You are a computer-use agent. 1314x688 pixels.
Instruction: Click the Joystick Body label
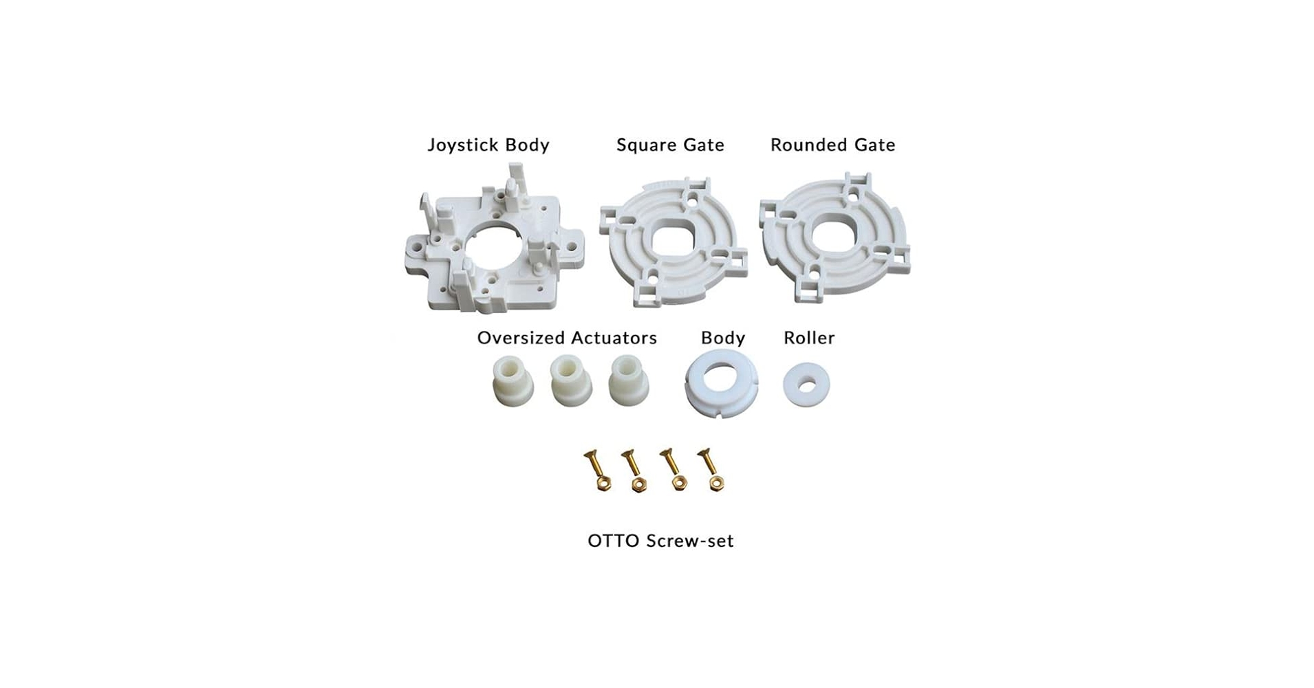pos(488,145)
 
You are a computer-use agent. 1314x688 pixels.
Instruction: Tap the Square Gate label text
pos(670,145)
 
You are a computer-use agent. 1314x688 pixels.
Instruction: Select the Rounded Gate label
pos(832,145)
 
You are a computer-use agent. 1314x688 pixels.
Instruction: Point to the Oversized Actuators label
pos(567,338)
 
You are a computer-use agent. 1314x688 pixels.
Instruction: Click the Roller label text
pos(809,338)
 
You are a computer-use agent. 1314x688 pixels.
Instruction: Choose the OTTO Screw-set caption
pos(660,541)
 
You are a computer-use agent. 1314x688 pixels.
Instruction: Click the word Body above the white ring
pos(722,338)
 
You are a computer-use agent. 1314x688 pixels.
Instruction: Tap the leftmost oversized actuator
pos(513,382)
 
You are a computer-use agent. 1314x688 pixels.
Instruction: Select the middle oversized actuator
pos(570,382)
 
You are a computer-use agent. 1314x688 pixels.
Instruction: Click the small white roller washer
pos(806,384)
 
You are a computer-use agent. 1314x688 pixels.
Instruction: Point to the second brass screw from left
pos(634,470)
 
